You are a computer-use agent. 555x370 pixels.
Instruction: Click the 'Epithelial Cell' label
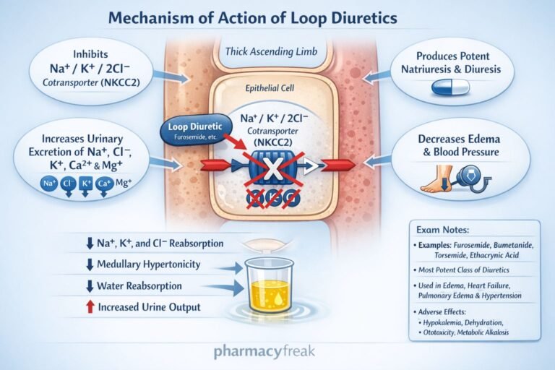277,90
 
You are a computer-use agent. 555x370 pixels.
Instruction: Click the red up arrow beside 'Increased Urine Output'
90,307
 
